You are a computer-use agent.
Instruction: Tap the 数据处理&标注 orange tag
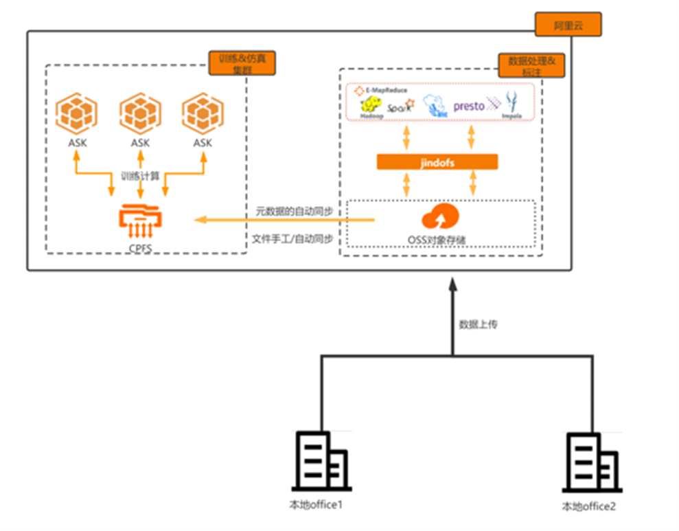coord(531,66)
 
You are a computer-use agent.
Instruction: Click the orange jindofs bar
coord(437,162)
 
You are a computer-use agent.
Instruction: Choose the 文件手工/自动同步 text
coord(293,238)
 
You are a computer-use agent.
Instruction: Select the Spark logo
coord(400,107)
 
